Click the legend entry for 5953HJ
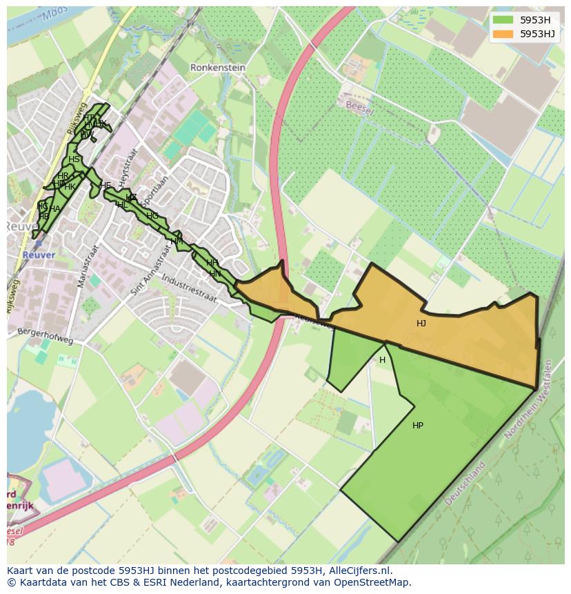click(x=538, y=34)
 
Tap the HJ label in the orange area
click(x=421, y=323)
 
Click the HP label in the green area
click(x=417, y=426)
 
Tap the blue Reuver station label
click(x=38, y=255)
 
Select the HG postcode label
click(x=152, y=216)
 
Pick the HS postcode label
click(x=74, y=159)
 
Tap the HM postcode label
click(x=177, y=241)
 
